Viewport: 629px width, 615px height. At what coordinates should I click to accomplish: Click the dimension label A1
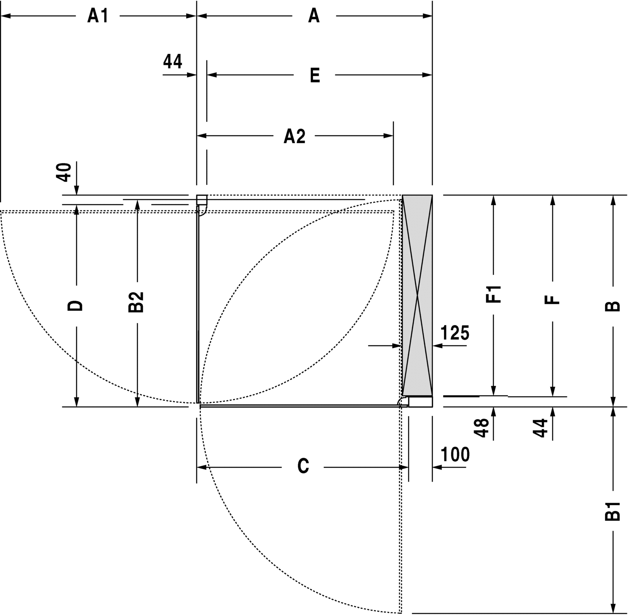(x=98, y=16)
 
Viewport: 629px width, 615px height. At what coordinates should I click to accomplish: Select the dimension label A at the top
(x=314, y=16)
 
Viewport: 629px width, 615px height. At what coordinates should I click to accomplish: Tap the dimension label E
(x=315, y=75)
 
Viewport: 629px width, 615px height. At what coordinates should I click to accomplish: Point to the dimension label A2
(x=294, y=136)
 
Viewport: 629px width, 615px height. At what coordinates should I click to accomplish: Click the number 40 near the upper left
(x=66, y=172)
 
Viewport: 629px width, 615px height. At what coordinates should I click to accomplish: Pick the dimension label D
(x=75, y=306)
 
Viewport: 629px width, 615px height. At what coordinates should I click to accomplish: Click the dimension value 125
(x=455, y=333)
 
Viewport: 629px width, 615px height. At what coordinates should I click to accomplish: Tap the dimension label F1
(x=494, y=294)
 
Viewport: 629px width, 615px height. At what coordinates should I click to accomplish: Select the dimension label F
(x=552, y=300)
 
